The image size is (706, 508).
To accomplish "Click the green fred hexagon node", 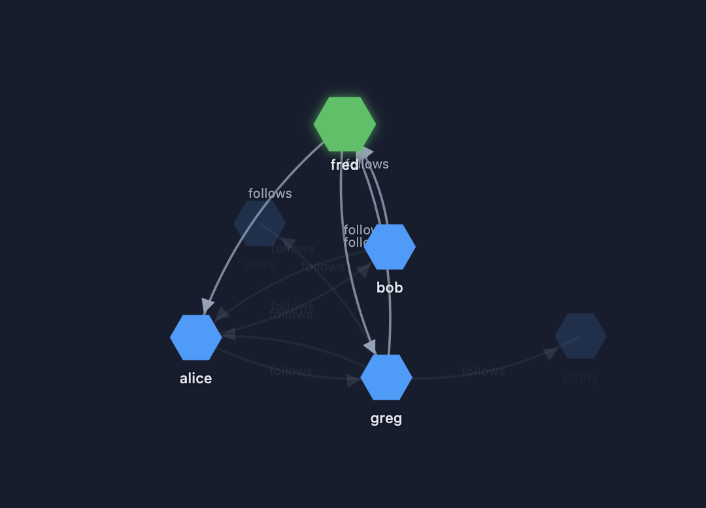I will [x=345, y=124].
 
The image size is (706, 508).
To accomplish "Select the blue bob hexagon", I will [x=390, y=247].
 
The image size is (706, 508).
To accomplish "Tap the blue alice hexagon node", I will [x=196, y=338].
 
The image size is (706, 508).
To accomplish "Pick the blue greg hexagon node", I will [x=386, y=377].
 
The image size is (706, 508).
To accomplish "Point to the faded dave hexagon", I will [x=260, y=223].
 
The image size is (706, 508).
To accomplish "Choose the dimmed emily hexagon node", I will [x=580, y=336].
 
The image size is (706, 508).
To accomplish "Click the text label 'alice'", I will [x=196, y=379].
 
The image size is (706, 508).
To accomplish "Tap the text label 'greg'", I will [x=386, y=419].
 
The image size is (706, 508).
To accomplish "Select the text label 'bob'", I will [x=390, y=288].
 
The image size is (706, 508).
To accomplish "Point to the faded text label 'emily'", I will [x=580, y=377].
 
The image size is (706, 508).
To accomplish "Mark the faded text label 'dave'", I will [x=260, y=264].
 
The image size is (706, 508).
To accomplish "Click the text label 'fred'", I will [x=344, y=165].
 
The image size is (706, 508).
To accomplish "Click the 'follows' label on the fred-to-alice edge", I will [x=270, y=193].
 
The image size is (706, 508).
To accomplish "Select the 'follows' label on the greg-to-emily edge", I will [x=483, y=371].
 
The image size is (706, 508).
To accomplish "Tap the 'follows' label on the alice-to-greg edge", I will [x=291, y=371].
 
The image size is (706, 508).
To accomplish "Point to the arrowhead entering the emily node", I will [x=551, y=353].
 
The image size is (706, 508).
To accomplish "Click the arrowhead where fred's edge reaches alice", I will [x=208, y=306].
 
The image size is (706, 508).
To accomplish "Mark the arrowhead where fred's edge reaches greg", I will [x=369, y=346].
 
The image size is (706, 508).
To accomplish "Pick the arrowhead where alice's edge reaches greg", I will [x=353, y=380].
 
